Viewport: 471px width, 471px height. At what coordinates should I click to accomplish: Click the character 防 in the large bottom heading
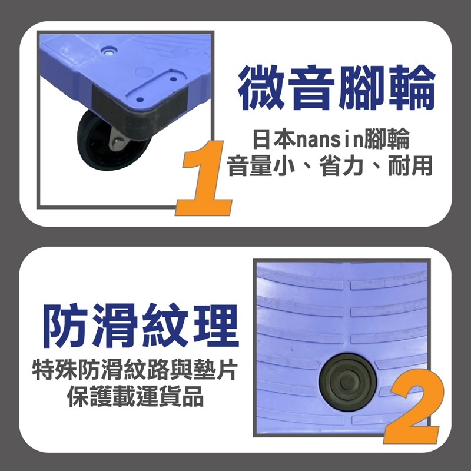coord(65,325)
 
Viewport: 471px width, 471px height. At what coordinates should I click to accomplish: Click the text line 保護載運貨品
coord(135,397)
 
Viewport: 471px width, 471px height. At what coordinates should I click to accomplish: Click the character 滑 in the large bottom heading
coord(115,325)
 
